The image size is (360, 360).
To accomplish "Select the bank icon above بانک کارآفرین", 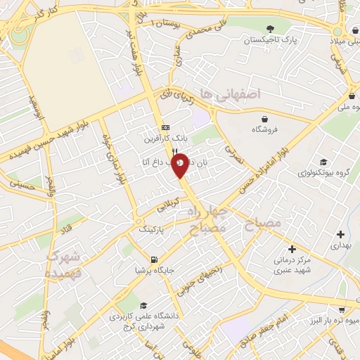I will coord(165,127).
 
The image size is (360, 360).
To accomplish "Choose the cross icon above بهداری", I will coord(340,234).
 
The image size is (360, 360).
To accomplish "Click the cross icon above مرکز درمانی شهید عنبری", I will coord(292,248).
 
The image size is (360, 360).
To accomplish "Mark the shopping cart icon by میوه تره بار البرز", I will coord(341,309).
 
